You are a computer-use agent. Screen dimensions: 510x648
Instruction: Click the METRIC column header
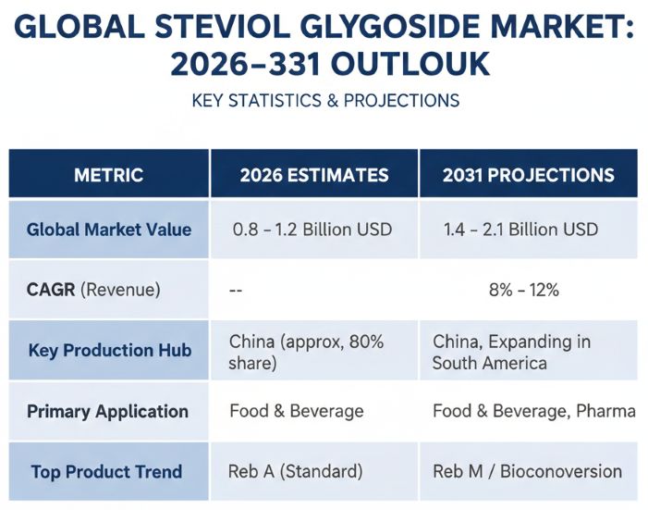point(109,175)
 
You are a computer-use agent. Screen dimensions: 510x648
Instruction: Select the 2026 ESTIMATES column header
point(313,175)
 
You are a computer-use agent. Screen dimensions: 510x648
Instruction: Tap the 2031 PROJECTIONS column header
point(528,175)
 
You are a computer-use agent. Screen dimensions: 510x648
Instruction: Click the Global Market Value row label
point(109,230)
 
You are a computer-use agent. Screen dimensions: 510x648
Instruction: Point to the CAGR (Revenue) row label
point(93,290)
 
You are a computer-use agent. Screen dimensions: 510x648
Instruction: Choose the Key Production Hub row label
point(109,351)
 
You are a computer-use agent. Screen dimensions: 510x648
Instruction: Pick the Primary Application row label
point(107,411)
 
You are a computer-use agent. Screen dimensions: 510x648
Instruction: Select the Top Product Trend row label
point(106,472)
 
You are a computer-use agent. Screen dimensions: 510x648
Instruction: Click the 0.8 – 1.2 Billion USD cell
point(312,230)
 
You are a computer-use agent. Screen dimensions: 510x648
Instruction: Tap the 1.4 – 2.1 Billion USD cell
point(520,230)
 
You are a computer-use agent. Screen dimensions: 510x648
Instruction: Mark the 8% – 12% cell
point(523,290)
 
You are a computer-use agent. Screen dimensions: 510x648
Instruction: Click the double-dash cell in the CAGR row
point(237,290)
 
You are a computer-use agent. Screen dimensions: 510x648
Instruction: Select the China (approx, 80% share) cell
point(307,352)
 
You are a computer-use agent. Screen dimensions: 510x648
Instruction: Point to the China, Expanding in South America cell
point(511,352)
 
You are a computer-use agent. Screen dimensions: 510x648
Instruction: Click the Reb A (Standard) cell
point(295,472)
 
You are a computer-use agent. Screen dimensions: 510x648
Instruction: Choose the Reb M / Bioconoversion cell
point(527,472)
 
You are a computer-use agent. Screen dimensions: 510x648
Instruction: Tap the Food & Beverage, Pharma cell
point(533,411)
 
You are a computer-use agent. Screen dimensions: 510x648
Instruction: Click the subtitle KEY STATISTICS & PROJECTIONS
point(325,100)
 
